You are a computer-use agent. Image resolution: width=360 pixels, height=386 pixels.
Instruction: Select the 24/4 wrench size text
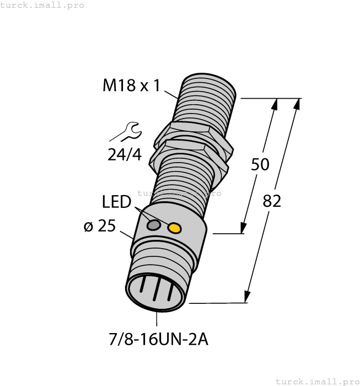(x=124, y=155)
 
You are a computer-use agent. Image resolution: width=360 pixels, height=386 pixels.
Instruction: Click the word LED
(x=116, y=202)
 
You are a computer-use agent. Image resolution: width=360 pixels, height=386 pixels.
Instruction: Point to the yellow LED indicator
(x=175, y=228)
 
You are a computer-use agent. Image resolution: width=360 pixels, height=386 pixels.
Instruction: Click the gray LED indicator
(x=154, y=224)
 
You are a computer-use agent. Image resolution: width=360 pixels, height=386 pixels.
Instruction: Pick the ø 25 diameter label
(x=99, y=226)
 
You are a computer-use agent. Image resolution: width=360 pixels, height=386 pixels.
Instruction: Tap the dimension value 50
(x=259, y=164)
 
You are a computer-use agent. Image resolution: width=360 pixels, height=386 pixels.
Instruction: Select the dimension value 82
(x=272, y=201)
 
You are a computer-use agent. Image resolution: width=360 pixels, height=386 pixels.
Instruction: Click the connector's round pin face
(x=157, y=294)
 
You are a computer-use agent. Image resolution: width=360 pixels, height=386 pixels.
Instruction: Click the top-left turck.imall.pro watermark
(x=42, y=5)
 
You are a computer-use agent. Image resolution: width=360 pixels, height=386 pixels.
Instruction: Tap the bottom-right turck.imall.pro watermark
(x=317, y=381)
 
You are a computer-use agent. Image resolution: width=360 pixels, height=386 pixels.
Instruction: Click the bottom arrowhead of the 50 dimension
(x=243, y=228)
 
